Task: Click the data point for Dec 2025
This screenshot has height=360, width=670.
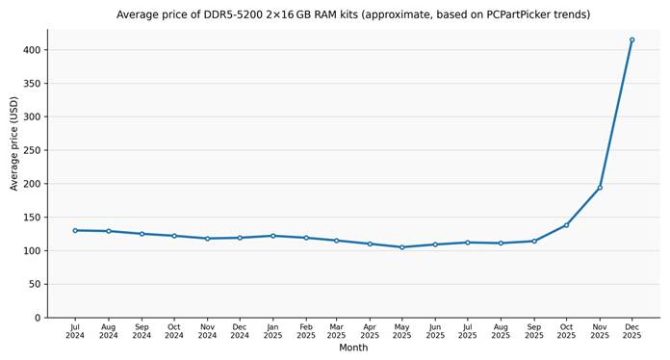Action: (x=631, y=40)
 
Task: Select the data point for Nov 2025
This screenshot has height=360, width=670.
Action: (x=600, y=188)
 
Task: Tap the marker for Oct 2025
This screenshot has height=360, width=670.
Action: (x=567, y=225)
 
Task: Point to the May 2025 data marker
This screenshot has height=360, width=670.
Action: (x=402, y=247)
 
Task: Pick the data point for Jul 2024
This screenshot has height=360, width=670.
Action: (x=75, y=231)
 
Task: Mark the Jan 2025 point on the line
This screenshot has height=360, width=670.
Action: (x=273, y=236)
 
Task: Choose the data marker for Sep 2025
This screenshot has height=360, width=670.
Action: (x=534, y=242)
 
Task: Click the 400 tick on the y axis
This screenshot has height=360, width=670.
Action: (x=32, y=50)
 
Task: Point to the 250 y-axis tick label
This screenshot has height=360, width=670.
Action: (x=32, y=150)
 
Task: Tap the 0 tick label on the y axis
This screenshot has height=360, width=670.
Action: (x=39, y=318)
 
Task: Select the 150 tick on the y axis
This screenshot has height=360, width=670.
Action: (x=32, y=218)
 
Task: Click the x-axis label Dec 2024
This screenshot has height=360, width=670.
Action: (x=240, y=331)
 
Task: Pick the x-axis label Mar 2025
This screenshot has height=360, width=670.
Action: (x=336, y=331)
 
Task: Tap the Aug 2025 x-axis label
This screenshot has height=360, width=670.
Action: (x=501, y=331)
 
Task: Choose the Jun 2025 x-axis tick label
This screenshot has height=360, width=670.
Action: (x=435, y=331)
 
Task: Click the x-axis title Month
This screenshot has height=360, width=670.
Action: (x=353, y=347)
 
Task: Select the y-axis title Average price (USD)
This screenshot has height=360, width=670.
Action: (x=14, y=143)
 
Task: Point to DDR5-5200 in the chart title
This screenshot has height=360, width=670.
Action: (x=233, y=14)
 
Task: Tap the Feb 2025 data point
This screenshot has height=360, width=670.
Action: (x=306, y=238)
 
